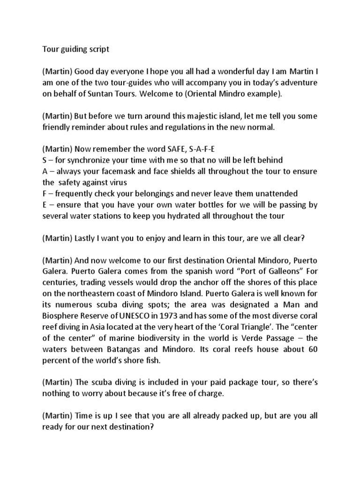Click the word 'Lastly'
click(x=87, y=238)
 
